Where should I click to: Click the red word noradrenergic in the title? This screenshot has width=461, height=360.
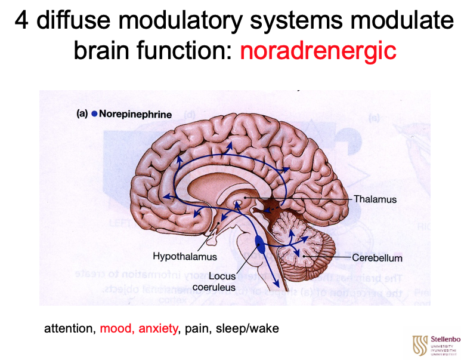[x=318, y=50]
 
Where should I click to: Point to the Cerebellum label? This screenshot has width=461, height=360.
[x=377, y=258]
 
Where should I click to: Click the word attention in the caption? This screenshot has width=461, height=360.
[x=70, y=328]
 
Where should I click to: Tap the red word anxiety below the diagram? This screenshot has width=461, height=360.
[x=158, y=328]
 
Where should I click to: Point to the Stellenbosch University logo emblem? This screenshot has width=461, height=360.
[x=419, y=344]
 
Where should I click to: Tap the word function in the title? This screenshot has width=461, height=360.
[x=182, y=50]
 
